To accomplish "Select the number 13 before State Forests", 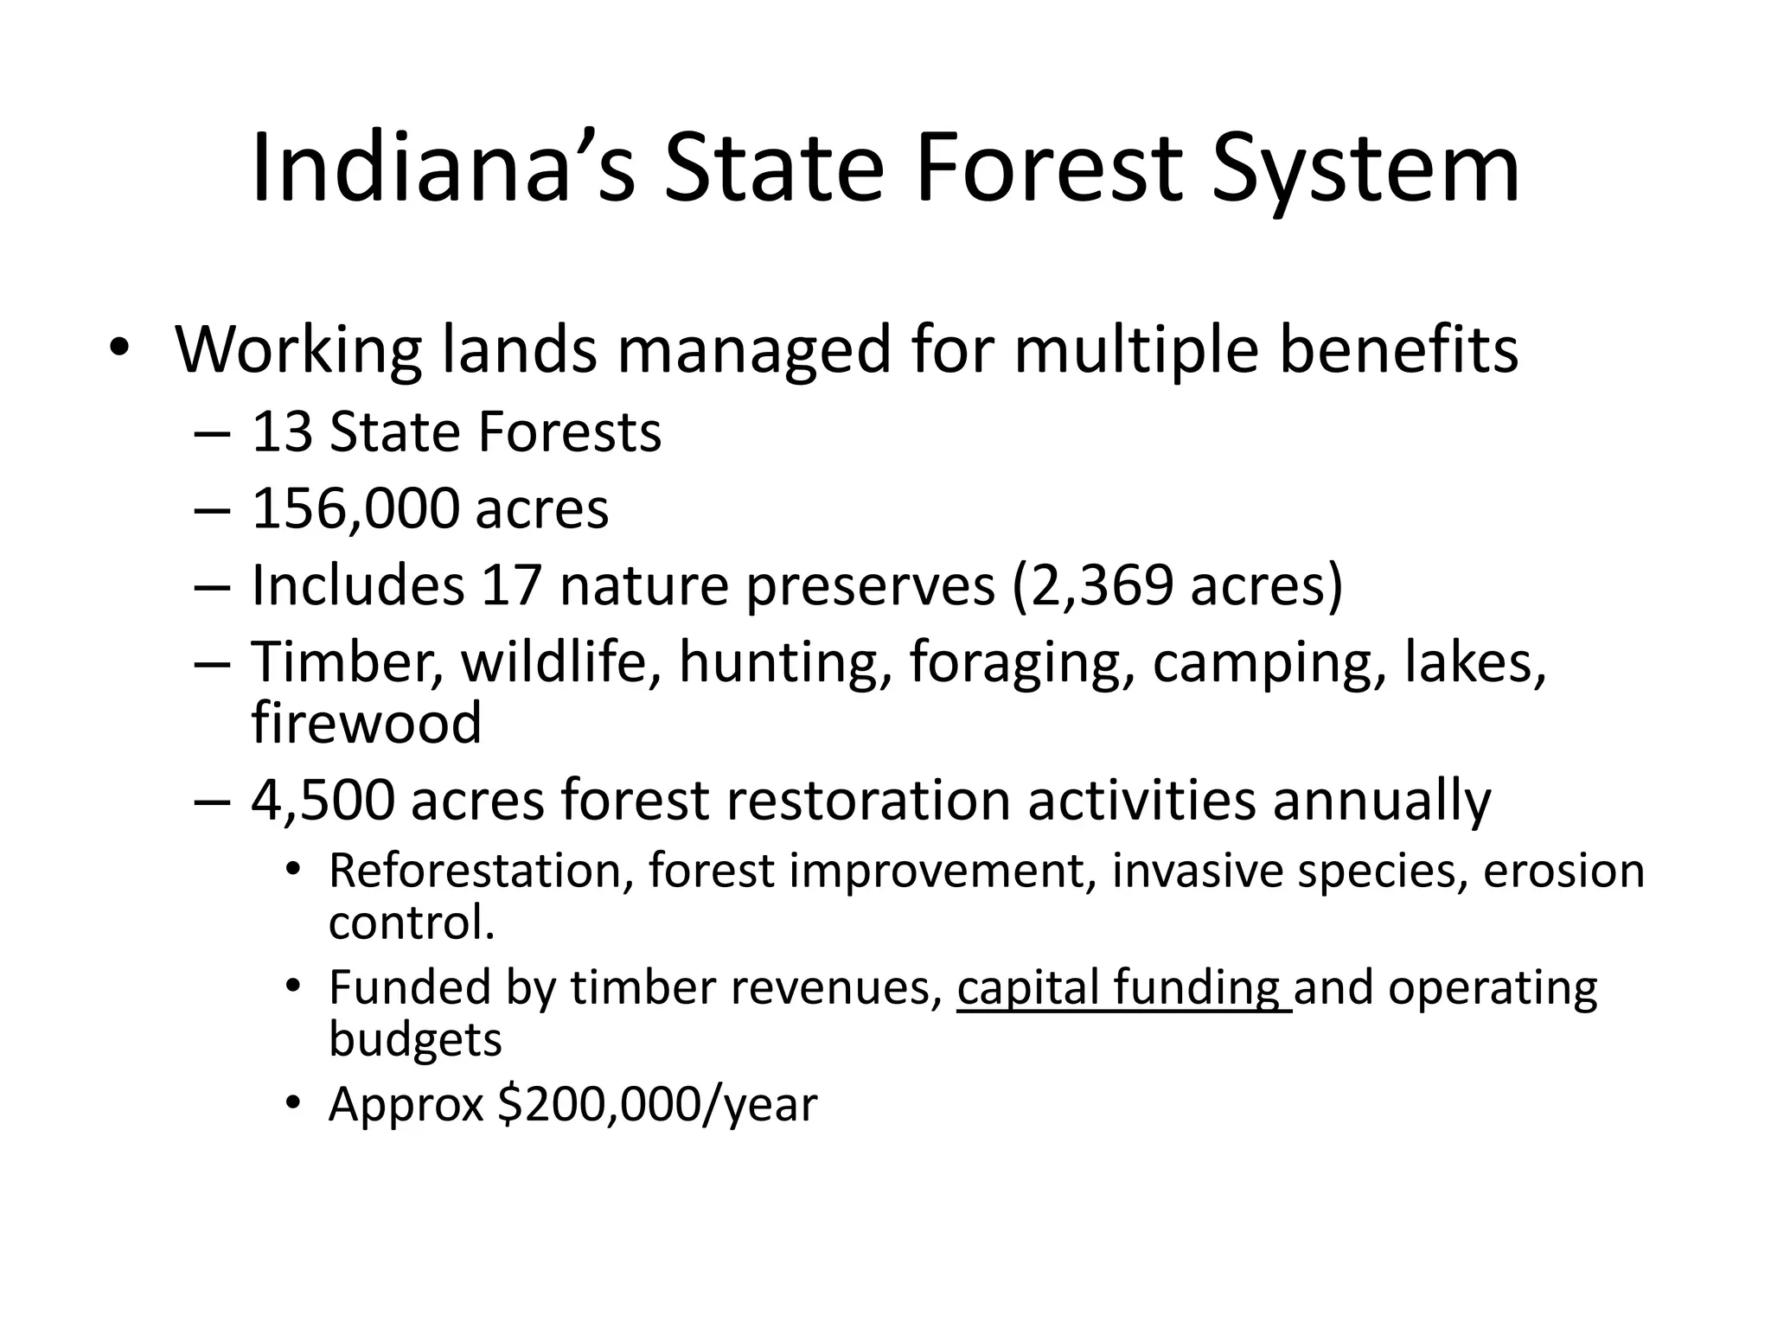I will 282,432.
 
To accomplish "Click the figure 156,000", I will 355,509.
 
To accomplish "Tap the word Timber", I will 347,662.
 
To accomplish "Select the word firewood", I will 366,723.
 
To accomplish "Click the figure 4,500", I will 323,800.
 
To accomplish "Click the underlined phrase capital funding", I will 1122,987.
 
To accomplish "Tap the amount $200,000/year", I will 658,1104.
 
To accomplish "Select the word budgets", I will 415,1038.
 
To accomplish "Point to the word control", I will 412,923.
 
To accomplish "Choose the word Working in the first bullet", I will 299,350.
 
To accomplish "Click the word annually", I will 1381,800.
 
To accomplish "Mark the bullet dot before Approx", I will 295,1101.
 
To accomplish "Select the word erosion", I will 1563,871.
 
